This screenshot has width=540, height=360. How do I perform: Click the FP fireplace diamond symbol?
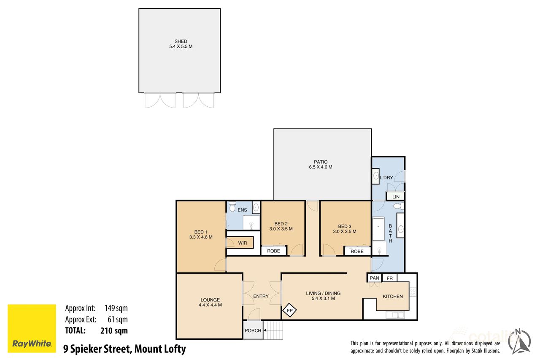[290, 310]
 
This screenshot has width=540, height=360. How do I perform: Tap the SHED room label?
[181, 41]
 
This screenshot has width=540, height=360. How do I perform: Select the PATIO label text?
[321, 162]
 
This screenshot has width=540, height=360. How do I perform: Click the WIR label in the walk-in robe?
[242, 243]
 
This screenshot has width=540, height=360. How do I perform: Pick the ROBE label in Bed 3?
[357, 252]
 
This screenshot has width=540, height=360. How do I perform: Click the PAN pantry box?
[374, 278]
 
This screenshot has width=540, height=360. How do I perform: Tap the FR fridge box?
[389, 278]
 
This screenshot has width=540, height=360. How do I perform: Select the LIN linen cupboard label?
[396, 197]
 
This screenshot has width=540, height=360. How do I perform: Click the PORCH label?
[253, 330]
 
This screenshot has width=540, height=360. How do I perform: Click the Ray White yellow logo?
[32, 328]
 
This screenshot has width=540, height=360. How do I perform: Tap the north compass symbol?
[519, 342]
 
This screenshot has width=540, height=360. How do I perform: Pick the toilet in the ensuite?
[232, 207]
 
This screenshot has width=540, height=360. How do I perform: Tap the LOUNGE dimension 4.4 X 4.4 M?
[210, 305]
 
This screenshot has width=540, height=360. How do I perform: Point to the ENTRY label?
[261, 296]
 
